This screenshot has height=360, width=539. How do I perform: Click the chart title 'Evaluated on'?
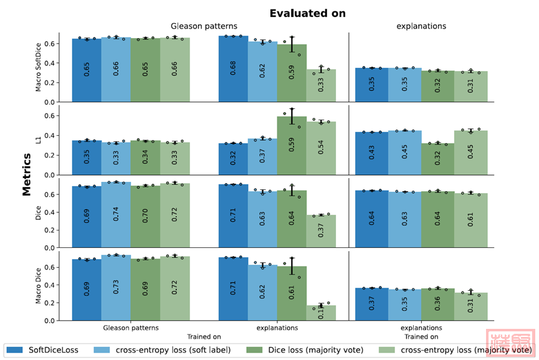[307, 13]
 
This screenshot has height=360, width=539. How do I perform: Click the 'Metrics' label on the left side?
[27, 175]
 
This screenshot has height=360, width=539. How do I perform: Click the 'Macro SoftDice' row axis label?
[39, 67]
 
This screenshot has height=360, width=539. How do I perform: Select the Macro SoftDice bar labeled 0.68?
[233, 69]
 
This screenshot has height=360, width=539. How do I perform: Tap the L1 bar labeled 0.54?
[321, 148]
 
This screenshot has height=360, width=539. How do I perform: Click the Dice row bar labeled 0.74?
[116, 214]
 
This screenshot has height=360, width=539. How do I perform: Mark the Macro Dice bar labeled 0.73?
[116, 287]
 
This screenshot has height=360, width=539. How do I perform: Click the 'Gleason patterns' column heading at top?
[204, 26]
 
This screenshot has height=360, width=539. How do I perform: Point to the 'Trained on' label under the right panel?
[421, 337]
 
